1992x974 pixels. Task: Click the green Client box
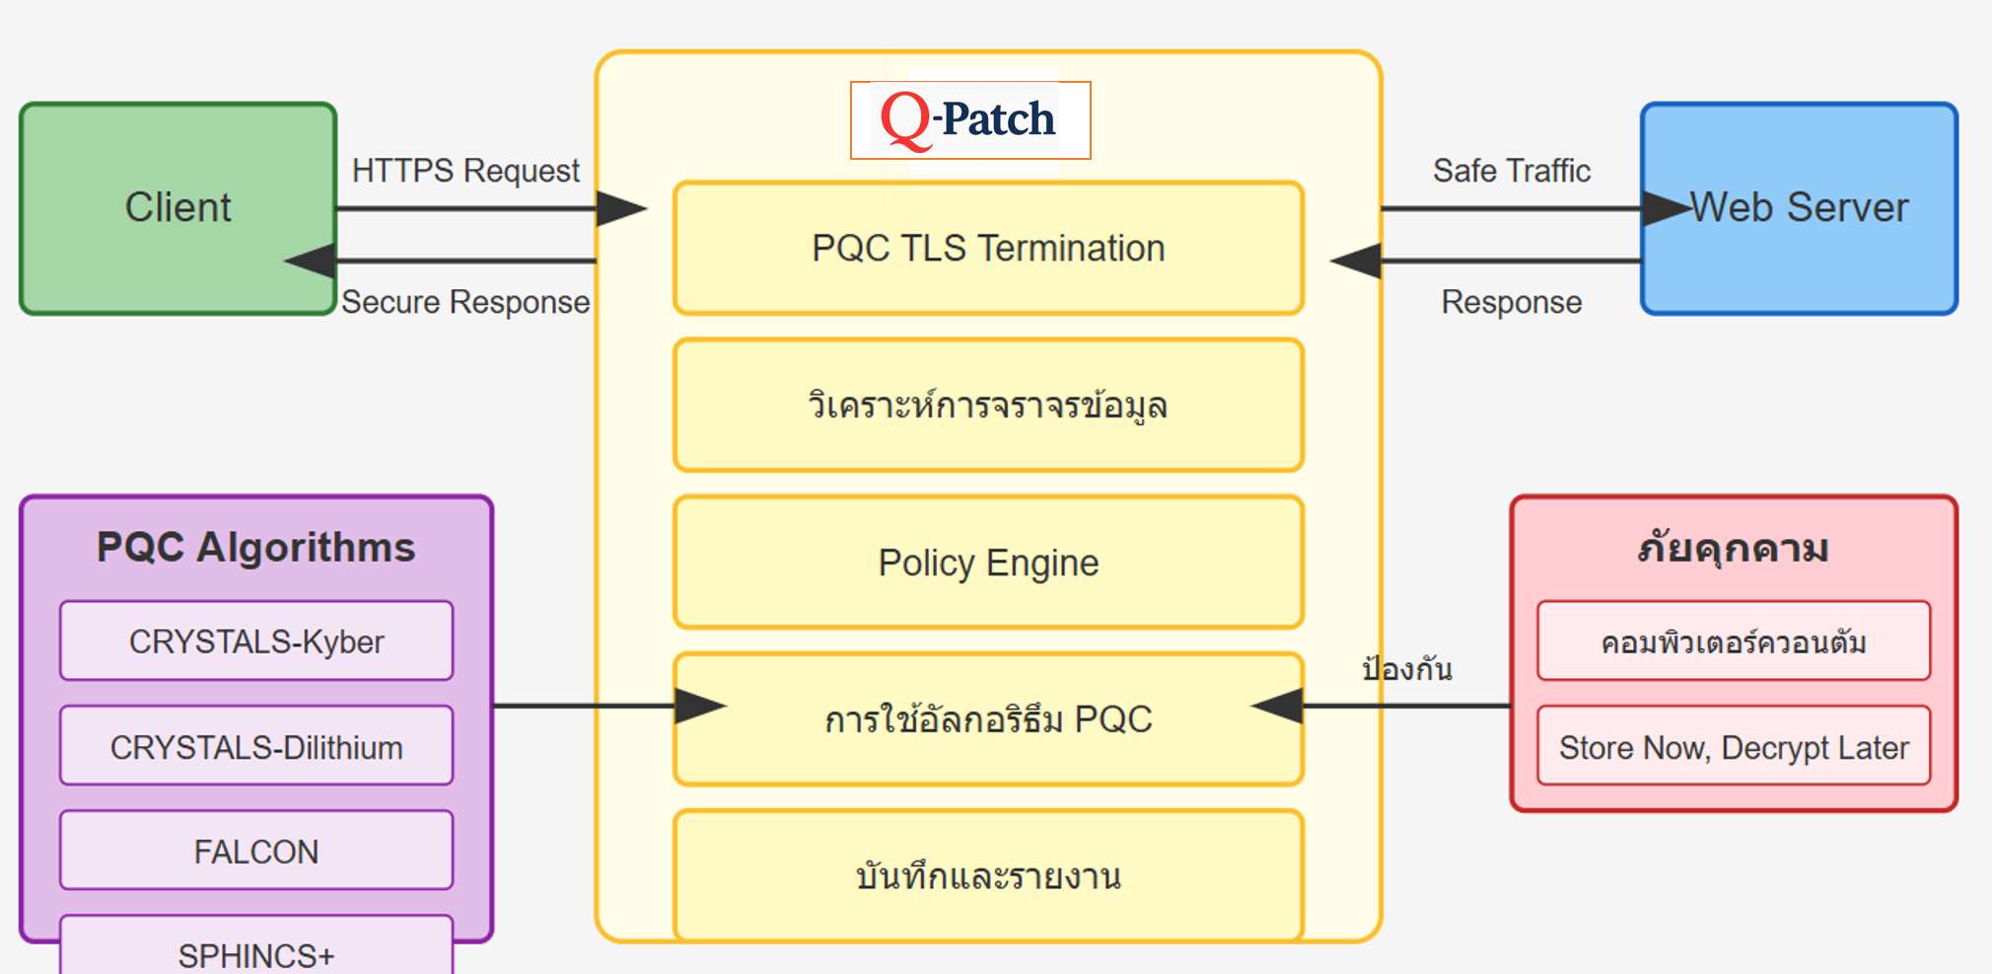pyautogui.click(x=178, y=208)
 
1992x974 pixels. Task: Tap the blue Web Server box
pyautogui.click(x=1799, y=208)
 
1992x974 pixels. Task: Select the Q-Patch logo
pyautogui.click(x=970, y=119)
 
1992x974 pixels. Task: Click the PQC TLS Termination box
pyautogui.click(x=988, y=249)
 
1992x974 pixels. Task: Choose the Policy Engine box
pyautogui.click(x=988, y=562)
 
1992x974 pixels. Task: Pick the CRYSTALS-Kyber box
pyautogui.click(x=256, y=641)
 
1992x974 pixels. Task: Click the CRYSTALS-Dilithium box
pyautogui.click(x=256, y=747)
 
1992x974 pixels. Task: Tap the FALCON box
pyautogui.click(x=256, y=851)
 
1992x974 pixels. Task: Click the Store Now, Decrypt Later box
pyautogui.click(x=1734, y=747)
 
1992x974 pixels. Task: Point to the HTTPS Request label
pyautogui.click(x=465, y=171)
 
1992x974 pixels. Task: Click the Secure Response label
pyautogui.click(x=465, y=302)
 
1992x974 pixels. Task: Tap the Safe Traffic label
pyautogui.click(x=1512, y=171)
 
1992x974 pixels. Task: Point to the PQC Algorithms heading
pyautogui.click(x=256, y=548)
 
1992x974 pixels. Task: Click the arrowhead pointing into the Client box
pyautogui.click(x=310, y=262)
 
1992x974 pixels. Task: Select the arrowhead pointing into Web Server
pyautogui.click(x=1667, y=208)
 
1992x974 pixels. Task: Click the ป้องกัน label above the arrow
pyautogui.click(x=1407, y=669)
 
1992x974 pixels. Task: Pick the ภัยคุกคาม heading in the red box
pyautogui.click(x=1733, y=548)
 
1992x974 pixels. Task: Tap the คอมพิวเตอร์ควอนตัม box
pyautogui.click(x=1734, y=642)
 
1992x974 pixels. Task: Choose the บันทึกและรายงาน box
pyautogui.click(x=988, y=875)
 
